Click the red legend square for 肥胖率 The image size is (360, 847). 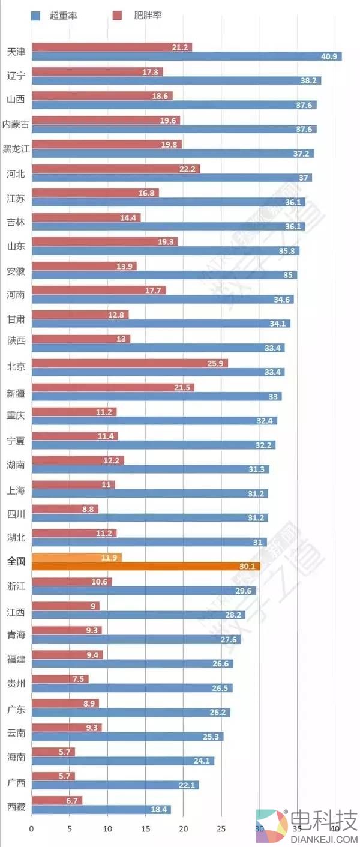click(x=118, y=16)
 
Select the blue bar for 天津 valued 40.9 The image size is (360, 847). click(x=186, y=56)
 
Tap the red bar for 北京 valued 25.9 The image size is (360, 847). click(x=129, y=363)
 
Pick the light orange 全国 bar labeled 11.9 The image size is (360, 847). click(x=76, y=558)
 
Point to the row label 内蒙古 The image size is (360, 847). click(x=16, y=124)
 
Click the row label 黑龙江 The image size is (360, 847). click(x=16, y=149)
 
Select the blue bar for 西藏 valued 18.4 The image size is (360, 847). click(x=101, y=809)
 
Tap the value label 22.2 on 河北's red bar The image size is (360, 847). click(x=187, y=169)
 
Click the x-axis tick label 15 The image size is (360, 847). click(x=145, y=829)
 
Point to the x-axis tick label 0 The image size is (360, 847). click(x=32, y=829)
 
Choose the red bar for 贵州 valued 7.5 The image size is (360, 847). click(x=60, y=679)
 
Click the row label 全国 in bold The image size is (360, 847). click(x=16, y=562)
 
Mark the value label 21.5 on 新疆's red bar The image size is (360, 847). click(x=182, y=388)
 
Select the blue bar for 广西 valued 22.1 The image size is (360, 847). click(x=115, y=785)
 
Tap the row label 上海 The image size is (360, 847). click(x=16, y=490)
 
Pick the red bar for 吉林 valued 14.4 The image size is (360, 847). click(x=86, y=217)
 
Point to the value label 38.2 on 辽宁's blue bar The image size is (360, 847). click(x=308, y=80)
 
